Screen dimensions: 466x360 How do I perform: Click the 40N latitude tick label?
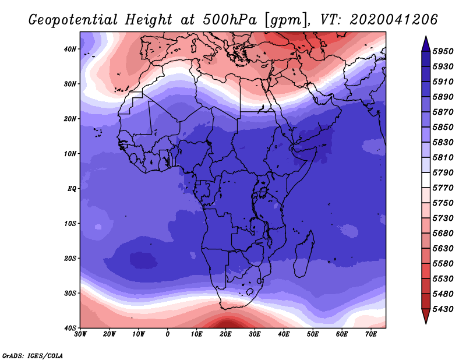point(70,49)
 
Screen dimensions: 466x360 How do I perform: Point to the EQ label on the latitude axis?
point(72,189)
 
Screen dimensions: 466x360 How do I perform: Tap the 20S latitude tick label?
point(70,258)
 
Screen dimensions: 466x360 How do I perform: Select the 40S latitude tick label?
point(70,328)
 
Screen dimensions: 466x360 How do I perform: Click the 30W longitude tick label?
point(80,334)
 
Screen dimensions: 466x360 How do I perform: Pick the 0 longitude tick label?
point(168,334)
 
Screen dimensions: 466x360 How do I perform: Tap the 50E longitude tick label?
point(313,334)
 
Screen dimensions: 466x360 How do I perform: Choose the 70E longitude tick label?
point(370,334)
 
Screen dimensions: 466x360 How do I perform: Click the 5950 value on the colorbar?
point(443,51)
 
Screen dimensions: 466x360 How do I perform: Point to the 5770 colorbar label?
point(443,188)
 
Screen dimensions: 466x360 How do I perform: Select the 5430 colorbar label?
point(443,309)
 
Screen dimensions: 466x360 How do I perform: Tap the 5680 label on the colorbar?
point(443,234)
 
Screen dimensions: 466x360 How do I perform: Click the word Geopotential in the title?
point(73,20)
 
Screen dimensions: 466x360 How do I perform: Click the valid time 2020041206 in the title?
point(394,20)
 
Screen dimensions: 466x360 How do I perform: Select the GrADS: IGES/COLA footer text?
point(33,355)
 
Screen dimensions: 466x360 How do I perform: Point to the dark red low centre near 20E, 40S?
point(227,323)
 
